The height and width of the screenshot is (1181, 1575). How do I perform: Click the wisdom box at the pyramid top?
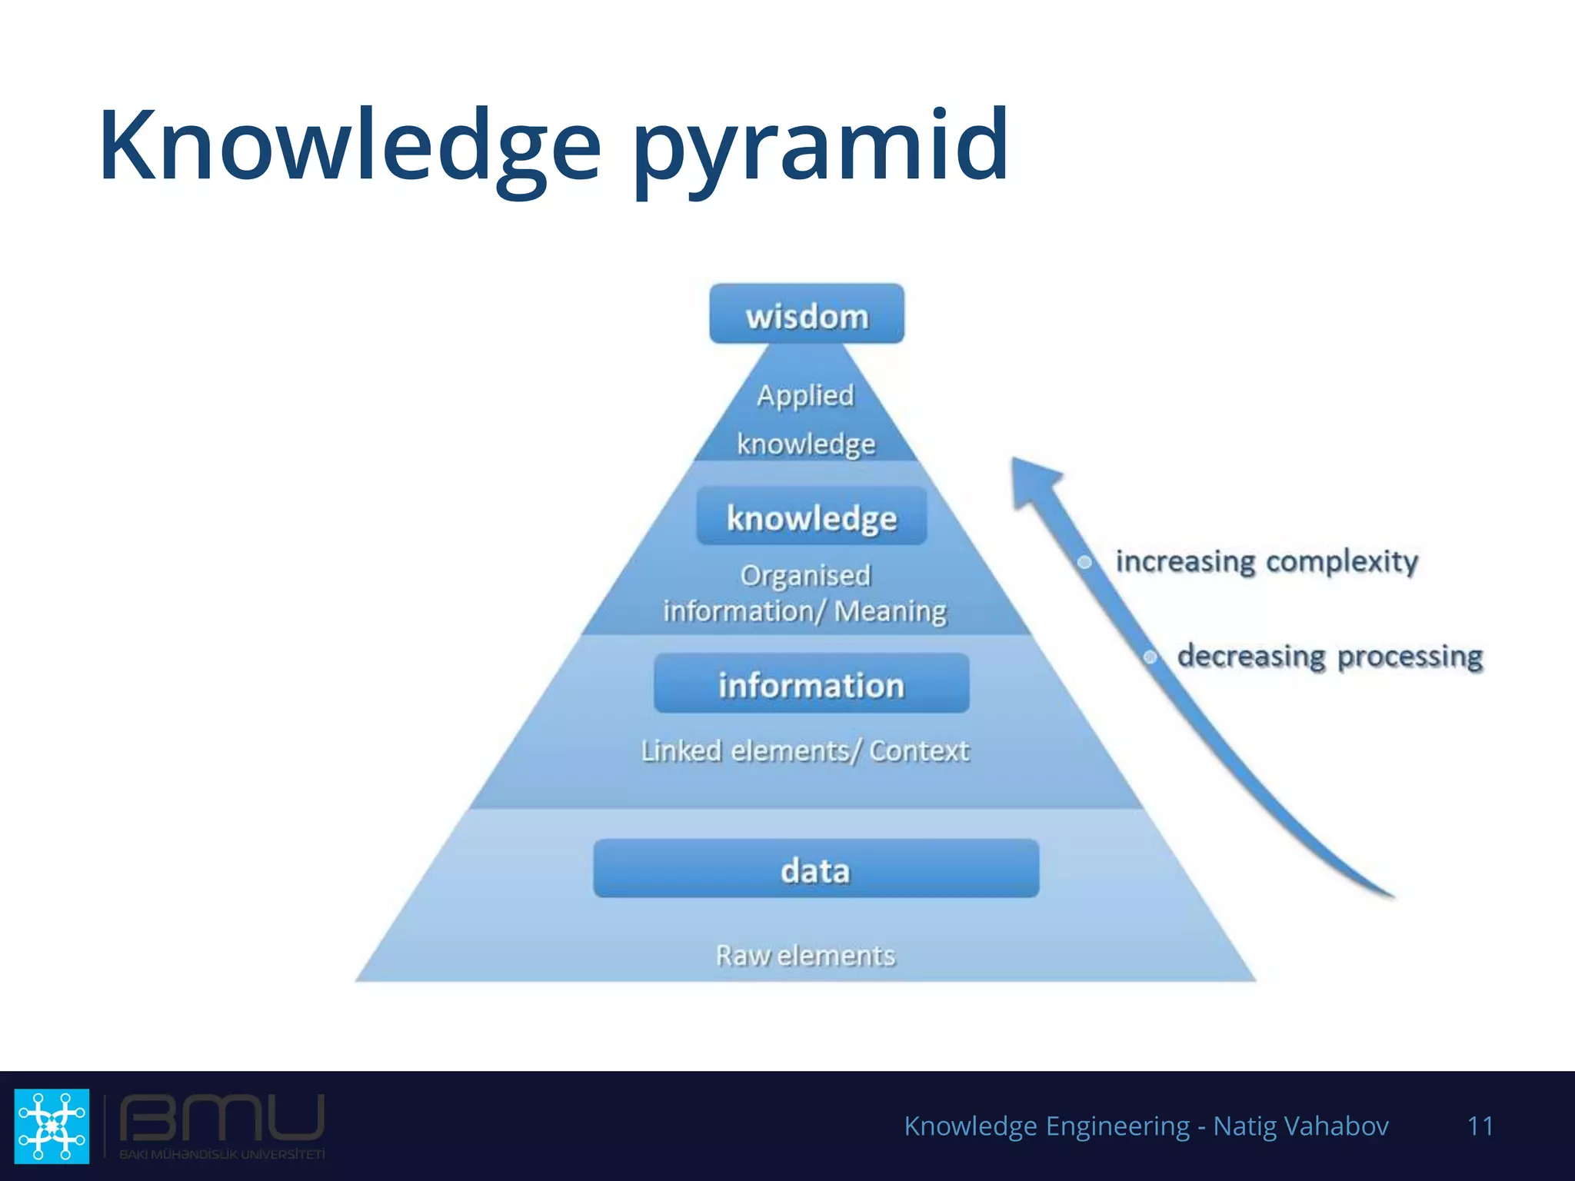[x=807, y=314]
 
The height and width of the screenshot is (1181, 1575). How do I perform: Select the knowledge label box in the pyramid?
[x=811, y=517]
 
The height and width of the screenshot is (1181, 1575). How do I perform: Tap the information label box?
[x=811, y=684]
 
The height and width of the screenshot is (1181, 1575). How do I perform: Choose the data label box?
[x=816, y=869]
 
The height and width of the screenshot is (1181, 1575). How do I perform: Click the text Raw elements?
[x=805, y=955]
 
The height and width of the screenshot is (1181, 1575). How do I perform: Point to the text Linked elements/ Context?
[x=805, y=750]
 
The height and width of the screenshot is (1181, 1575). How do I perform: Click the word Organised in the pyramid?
[x=805, y=575]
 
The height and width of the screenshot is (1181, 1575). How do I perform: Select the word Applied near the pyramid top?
[x=805, y=395]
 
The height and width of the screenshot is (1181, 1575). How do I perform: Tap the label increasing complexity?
[x=1267, y=561]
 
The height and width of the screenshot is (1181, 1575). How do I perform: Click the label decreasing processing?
[x=1330, y=657]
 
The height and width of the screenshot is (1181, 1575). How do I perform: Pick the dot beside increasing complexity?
[x=1084, y=562]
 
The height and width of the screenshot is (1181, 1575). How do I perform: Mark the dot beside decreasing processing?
[x=1150, y=657]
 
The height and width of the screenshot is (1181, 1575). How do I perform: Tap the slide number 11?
[x=1480, y=1126]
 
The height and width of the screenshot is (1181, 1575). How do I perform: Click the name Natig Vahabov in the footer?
[x=1300, y=1126]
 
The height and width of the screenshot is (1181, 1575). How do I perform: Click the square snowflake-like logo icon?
[x=52, y=1126]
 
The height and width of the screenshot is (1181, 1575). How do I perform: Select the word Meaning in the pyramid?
[x=891, y=611]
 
